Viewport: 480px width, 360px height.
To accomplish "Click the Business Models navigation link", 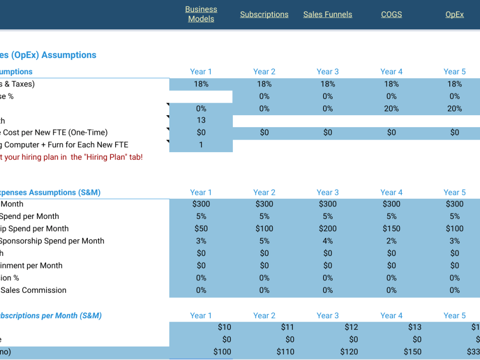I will click(201, 14).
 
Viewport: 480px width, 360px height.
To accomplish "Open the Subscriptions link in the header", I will click(264, 14).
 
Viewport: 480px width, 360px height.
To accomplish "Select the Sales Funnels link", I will click(327, 14).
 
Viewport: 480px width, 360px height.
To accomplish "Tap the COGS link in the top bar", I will click(391, 14).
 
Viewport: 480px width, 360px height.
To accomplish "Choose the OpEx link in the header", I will click(455, 14).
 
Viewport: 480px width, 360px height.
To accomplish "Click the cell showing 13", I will click(201, 120).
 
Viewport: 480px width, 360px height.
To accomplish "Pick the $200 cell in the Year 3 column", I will click(327, 228).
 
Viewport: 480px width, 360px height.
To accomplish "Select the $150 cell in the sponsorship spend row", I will click(391, 228).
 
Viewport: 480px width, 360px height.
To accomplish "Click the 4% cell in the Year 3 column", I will click(327, 241).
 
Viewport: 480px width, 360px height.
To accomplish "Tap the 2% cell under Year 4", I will click(391, 241).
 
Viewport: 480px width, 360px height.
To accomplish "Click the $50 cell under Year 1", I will click(201, 228).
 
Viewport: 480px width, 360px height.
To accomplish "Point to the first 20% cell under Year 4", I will click(391, 108).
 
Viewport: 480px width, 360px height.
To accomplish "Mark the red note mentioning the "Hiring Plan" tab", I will click(72, 157).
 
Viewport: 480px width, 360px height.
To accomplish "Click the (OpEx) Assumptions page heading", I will click(48, 55).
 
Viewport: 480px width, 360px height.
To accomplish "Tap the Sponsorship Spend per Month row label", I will click(53, 241).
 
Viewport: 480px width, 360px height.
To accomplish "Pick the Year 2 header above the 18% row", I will click(264, 72).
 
